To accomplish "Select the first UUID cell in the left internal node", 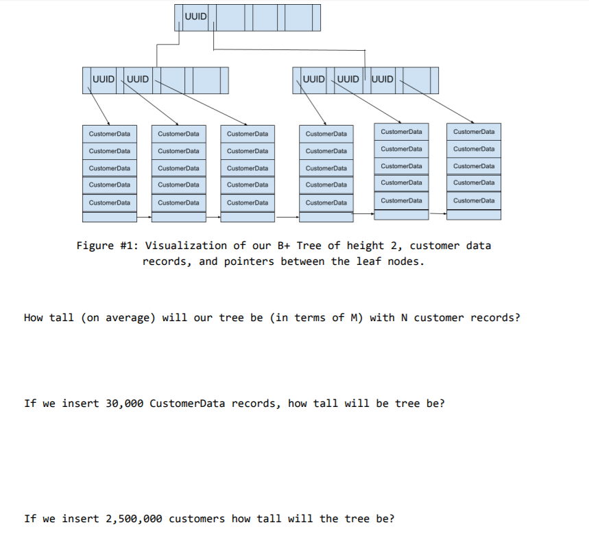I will [x=104, y=79].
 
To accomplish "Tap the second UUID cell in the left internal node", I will [x=138, y=79].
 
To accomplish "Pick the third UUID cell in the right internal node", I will [x=383, y=79].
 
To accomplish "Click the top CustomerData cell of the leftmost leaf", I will [x=109, y=133].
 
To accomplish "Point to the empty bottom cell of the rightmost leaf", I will [x=473, y=215].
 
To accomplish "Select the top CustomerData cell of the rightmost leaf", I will [x=473, y=131].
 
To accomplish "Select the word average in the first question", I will [x=130, y=318].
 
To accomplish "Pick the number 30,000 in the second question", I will [x=124, y=404].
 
